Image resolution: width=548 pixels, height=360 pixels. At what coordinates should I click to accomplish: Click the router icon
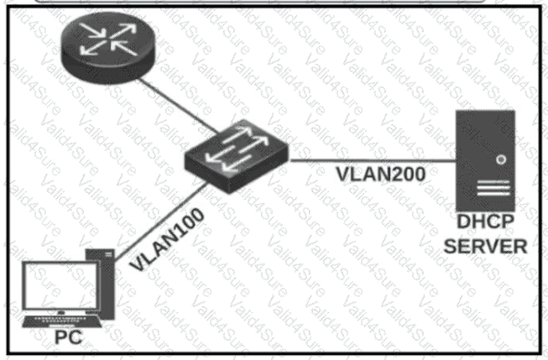[x=108, y=48]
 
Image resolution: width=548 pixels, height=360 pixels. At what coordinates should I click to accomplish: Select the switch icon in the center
[x=237, y=156]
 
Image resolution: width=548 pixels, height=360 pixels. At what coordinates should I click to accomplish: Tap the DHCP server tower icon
[x=485, y=160]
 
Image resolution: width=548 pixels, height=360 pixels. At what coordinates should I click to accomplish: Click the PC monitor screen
[x=60, y=285]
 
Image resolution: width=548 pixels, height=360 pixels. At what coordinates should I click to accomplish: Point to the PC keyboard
[x=61, y=321]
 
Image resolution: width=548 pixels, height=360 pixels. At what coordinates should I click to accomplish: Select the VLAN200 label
[x=381, y=174]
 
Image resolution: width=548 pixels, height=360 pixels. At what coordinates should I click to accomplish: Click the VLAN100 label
[x=167, y=239]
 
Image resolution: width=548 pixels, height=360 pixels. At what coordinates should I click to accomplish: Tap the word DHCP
[x=485, y=222]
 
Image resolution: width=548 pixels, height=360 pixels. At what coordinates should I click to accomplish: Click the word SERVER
[x=485, y=247]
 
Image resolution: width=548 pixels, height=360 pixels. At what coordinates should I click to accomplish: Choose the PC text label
[x=69, y=337]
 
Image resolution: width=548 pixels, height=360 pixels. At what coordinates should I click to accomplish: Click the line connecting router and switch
[x=178, y=106]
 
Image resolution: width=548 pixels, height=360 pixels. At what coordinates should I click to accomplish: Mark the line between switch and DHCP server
[x=373, y=161]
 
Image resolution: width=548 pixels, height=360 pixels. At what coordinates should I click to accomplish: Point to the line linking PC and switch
[x=161, y=222]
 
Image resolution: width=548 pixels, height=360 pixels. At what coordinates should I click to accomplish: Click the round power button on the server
[x=501, y=159]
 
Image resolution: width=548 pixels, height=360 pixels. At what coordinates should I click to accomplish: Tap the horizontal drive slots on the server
[x=493, y=188]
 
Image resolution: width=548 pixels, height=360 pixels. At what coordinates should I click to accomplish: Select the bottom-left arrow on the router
[x=93, y=48]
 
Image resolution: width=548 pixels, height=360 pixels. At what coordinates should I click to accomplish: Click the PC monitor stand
[x=60, y=312]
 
